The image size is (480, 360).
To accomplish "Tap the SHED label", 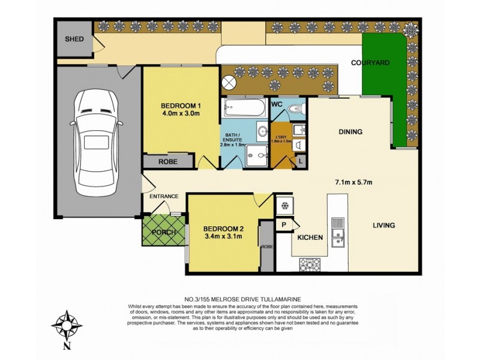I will (x=75, y=40).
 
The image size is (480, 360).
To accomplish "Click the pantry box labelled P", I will (x=284, y=224).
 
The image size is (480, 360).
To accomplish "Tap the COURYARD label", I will (x=370, y=62).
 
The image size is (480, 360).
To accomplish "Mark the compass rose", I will (x=67, y=325).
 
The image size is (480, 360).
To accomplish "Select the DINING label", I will (x=350, y=132).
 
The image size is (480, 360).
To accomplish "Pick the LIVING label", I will (x=383, y=226).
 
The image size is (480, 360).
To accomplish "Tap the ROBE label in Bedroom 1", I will (x=168, y=161).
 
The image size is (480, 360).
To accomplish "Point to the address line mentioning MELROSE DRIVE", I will (x=242, y=298).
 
